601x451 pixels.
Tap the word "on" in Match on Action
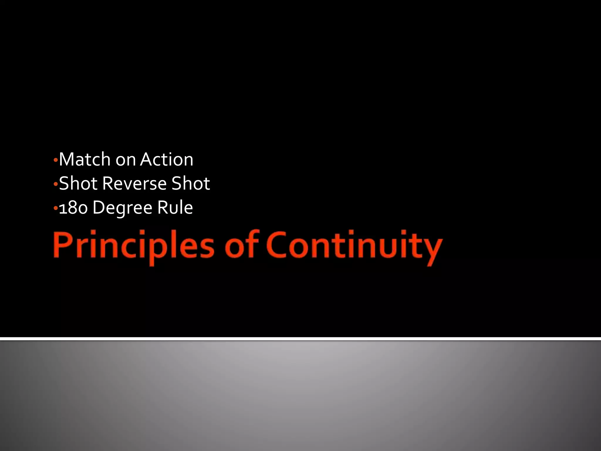tap(126, 160)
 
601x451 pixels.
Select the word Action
tap(167, 160)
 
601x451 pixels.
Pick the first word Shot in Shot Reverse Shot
tap(78, 184)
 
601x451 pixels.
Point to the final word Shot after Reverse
tap(191, 184)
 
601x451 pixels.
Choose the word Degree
tap(122, 208)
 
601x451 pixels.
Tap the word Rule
tap(175, 208)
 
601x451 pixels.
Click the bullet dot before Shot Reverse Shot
tap(55, 184)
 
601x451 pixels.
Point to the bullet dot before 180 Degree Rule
tap(55, 208)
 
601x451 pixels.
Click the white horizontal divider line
tap(300, 339)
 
